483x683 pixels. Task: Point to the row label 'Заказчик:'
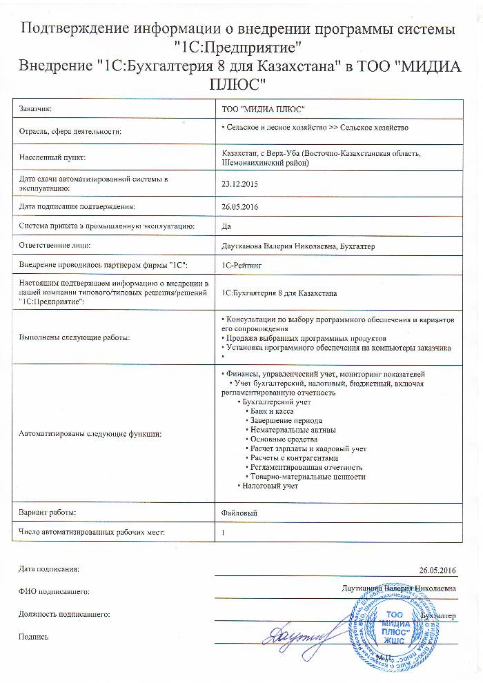[37, 109]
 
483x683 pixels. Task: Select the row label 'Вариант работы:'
[48, 513]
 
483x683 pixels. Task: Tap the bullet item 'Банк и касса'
[273, 411]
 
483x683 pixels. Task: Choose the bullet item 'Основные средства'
[284, 439]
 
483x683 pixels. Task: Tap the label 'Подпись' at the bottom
[34, 637]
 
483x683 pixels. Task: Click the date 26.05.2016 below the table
[437, 570]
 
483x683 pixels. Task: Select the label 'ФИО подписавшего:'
[55, 592]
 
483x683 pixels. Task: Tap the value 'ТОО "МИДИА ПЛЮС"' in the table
[263, 109]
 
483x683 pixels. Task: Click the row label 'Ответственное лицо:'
[56, 245]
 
